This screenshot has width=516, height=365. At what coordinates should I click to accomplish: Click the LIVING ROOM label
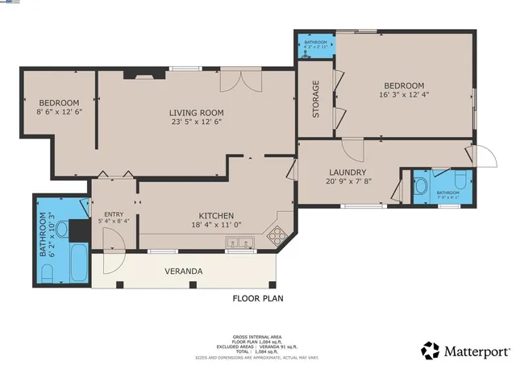click(x=196, y=112)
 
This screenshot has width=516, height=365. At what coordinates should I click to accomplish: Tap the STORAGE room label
click(x=316, y=99)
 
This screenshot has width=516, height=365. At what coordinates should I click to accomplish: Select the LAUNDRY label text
click(x=347, y=172)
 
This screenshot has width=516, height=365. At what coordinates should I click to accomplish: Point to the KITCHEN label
click(x=217, y=216)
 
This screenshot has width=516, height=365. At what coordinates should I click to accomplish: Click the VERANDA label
click(x=184, y=271)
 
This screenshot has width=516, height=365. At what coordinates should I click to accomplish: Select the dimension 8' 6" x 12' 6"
click(x=60, y=113)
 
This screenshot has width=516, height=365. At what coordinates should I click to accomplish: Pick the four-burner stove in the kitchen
click(x=277, y=236)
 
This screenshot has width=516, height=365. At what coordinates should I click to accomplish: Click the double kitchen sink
click(x=240, y=243)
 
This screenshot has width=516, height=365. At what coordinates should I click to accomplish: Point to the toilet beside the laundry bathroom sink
click(x=459, y=180)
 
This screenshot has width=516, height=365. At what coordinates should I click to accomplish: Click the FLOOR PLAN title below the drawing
click(x=257, y=298)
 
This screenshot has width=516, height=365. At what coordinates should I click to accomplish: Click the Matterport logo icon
click(x=431, y=350)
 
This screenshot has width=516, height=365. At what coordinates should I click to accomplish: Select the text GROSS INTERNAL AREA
click(x=257, y=336)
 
